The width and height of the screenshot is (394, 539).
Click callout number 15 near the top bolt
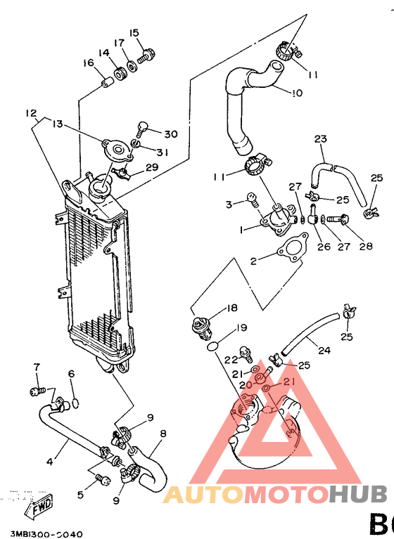tap(134, 32)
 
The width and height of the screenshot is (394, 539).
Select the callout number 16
tap(88, 63)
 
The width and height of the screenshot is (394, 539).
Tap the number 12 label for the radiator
tap(30, 113)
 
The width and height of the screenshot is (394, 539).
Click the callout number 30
tap(170, 134)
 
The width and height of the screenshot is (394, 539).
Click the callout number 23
tap(321, 139)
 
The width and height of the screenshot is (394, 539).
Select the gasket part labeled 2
tap(289, 252)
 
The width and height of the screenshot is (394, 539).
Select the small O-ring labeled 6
tap(76, 403)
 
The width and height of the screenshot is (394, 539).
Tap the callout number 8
tap(163, 434)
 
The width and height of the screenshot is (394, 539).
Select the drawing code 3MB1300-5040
tap(46, 533)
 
